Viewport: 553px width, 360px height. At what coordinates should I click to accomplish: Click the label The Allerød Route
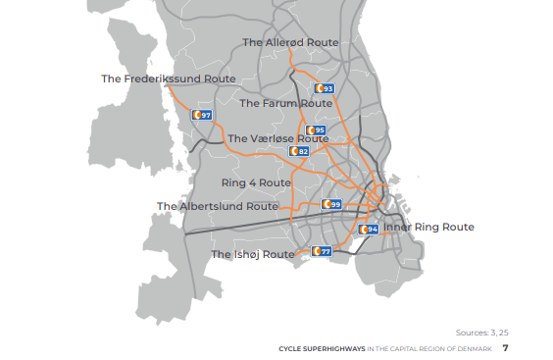(290, 43)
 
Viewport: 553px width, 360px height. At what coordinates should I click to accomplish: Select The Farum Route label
(286, 103)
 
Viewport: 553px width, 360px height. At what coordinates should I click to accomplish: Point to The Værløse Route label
(278, 139)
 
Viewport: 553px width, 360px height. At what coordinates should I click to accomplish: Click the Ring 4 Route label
(256, 183)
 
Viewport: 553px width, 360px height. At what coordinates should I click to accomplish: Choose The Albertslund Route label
(218, 206)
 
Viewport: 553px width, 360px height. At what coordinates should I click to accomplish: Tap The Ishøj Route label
(253, 254)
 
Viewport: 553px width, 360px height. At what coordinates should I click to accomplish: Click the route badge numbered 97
(202, 116)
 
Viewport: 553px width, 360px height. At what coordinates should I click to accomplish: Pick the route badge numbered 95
(315, 130)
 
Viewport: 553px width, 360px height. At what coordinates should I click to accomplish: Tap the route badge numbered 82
(299, 151)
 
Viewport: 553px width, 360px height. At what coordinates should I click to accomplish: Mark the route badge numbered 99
(331, 204)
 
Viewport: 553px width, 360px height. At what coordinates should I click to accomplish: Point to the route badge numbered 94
(369, 230)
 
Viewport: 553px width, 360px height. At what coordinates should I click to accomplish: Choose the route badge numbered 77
(322, 251)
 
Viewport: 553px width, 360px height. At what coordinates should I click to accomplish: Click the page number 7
(506, 348)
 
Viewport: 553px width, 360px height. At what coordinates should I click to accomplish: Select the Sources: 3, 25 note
(482, 332)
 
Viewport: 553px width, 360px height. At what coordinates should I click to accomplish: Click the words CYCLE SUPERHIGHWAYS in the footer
(322, 349)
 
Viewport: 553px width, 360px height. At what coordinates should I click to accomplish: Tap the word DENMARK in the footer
(474, 349)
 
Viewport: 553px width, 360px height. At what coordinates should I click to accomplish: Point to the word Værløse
(277, 139)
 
